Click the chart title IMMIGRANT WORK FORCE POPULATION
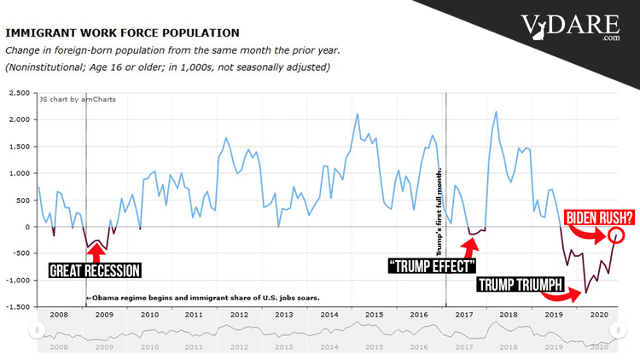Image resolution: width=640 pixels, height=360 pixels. pos(122,32)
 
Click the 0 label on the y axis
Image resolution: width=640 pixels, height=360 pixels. pos(26,227)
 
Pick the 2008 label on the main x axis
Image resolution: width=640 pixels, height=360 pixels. pos(58,314)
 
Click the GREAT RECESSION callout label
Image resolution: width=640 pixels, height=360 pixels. pos(94,271)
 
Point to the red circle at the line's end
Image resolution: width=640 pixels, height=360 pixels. pos(616,235)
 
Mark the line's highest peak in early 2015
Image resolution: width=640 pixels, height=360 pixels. pos(357,113)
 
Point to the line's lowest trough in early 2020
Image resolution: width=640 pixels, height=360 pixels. pos(585,293)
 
